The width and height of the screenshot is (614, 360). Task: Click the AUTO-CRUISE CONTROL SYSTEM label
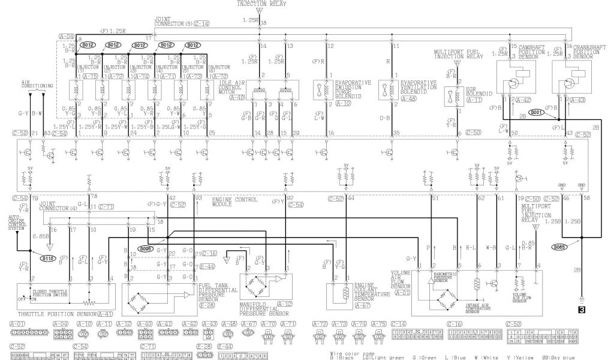pyautogui.click(x=16, y=223)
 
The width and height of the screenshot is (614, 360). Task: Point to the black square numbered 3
pyautogui.click(x=581, y=310)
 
